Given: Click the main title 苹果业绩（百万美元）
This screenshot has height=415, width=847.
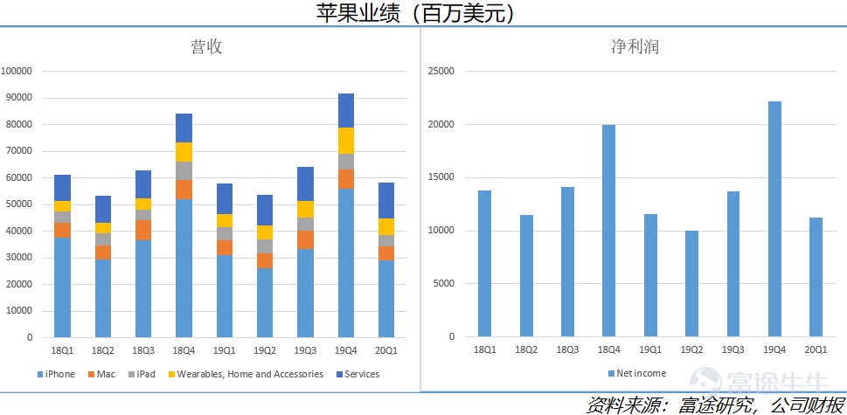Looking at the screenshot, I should click(423, 13).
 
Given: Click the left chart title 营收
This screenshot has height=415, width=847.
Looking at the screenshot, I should click(206, 47).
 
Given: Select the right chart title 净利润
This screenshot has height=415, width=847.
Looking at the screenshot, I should click(635, 47).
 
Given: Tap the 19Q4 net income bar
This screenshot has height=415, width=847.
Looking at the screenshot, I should click(774, 218).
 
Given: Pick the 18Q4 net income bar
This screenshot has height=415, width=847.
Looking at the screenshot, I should click(609, 231).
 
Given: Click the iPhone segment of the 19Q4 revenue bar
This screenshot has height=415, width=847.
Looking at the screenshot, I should click(346, 262).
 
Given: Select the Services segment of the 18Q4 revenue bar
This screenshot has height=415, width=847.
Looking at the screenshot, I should click(184, 128).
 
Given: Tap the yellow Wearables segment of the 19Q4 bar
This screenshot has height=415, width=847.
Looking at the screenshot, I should click(346, 140).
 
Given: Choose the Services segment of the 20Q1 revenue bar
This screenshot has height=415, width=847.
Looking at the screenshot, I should click(385, 200).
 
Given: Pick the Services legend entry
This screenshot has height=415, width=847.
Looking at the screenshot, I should click(361, 374).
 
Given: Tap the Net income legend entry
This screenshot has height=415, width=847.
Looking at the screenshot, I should click(641, 373).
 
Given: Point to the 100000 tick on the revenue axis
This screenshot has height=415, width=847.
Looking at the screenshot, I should click(17, 72).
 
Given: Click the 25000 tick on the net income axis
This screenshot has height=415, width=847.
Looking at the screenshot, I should click(441, 72).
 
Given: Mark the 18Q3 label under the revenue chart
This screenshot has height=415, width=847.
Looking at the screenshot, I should click(142, 350).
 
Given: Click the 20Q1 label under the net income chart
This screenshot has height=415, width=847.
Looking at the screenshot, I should click(816, 349).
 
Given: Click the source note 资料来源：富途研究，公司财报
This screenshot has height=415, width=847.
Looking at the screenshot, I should click(714, 405).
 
